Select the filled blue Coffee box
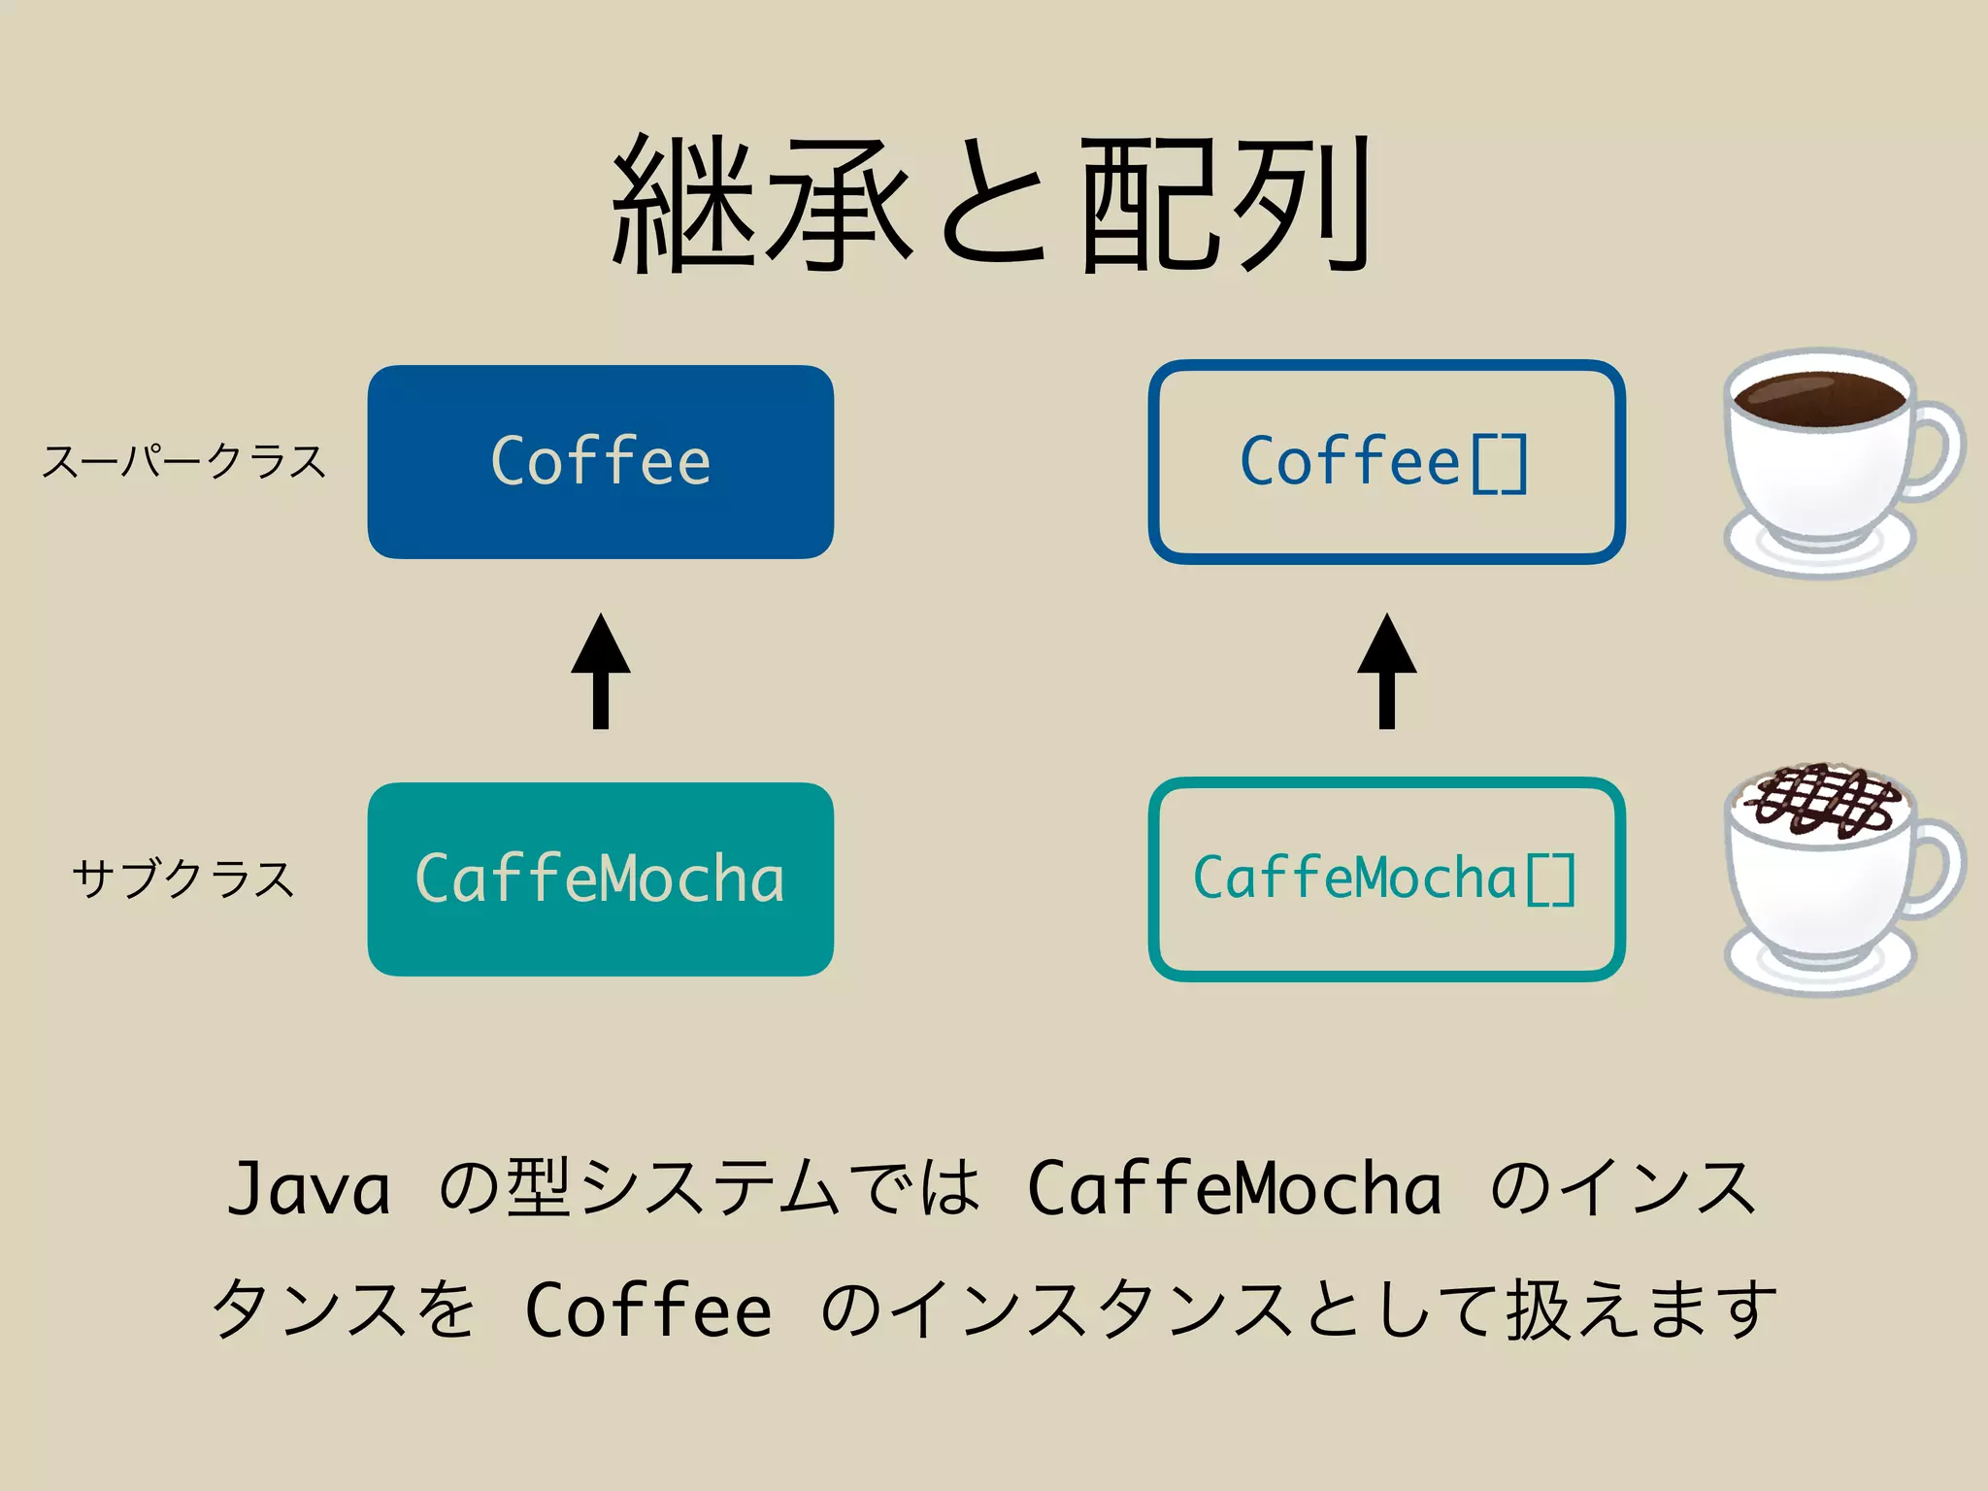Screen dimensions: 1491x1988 (x=600, y=462)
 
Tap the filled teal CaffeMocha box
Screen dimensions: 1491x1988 (x=600, y=879)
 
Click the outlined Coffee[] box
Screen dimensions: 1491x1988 (x=1386, y=462)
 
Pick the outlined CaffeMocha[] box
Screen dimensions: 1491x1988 (x=1386, y=879)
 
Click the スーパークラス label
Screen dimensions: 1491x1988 (x=184, y=462)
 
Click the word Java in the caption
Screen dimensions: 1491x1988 (x=309, y=1189)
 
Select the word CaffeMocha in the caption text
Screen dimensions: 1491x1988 (x=1233, y=1189)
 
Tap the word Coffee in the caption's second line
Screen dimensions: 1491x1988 (x=647, y=1310)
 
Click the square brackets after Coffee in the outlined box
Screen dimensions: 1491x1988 (x=1500, y=464)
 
